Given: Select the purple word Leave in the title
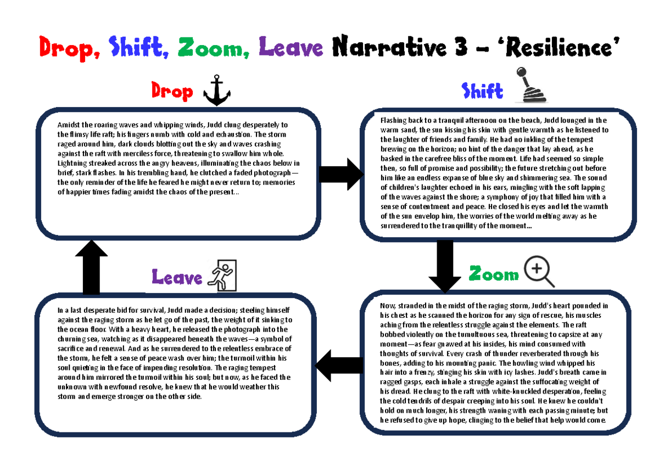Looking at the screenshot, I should point(291,48).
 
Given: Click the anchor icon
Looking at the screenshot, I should point(216,91).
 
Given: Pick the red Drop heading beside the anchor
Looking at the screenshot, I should point(172,92).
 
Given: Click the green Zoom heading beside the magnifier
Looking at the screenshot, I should point(493,273).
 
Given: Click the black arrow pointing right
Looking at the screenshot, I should point(340,175).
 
